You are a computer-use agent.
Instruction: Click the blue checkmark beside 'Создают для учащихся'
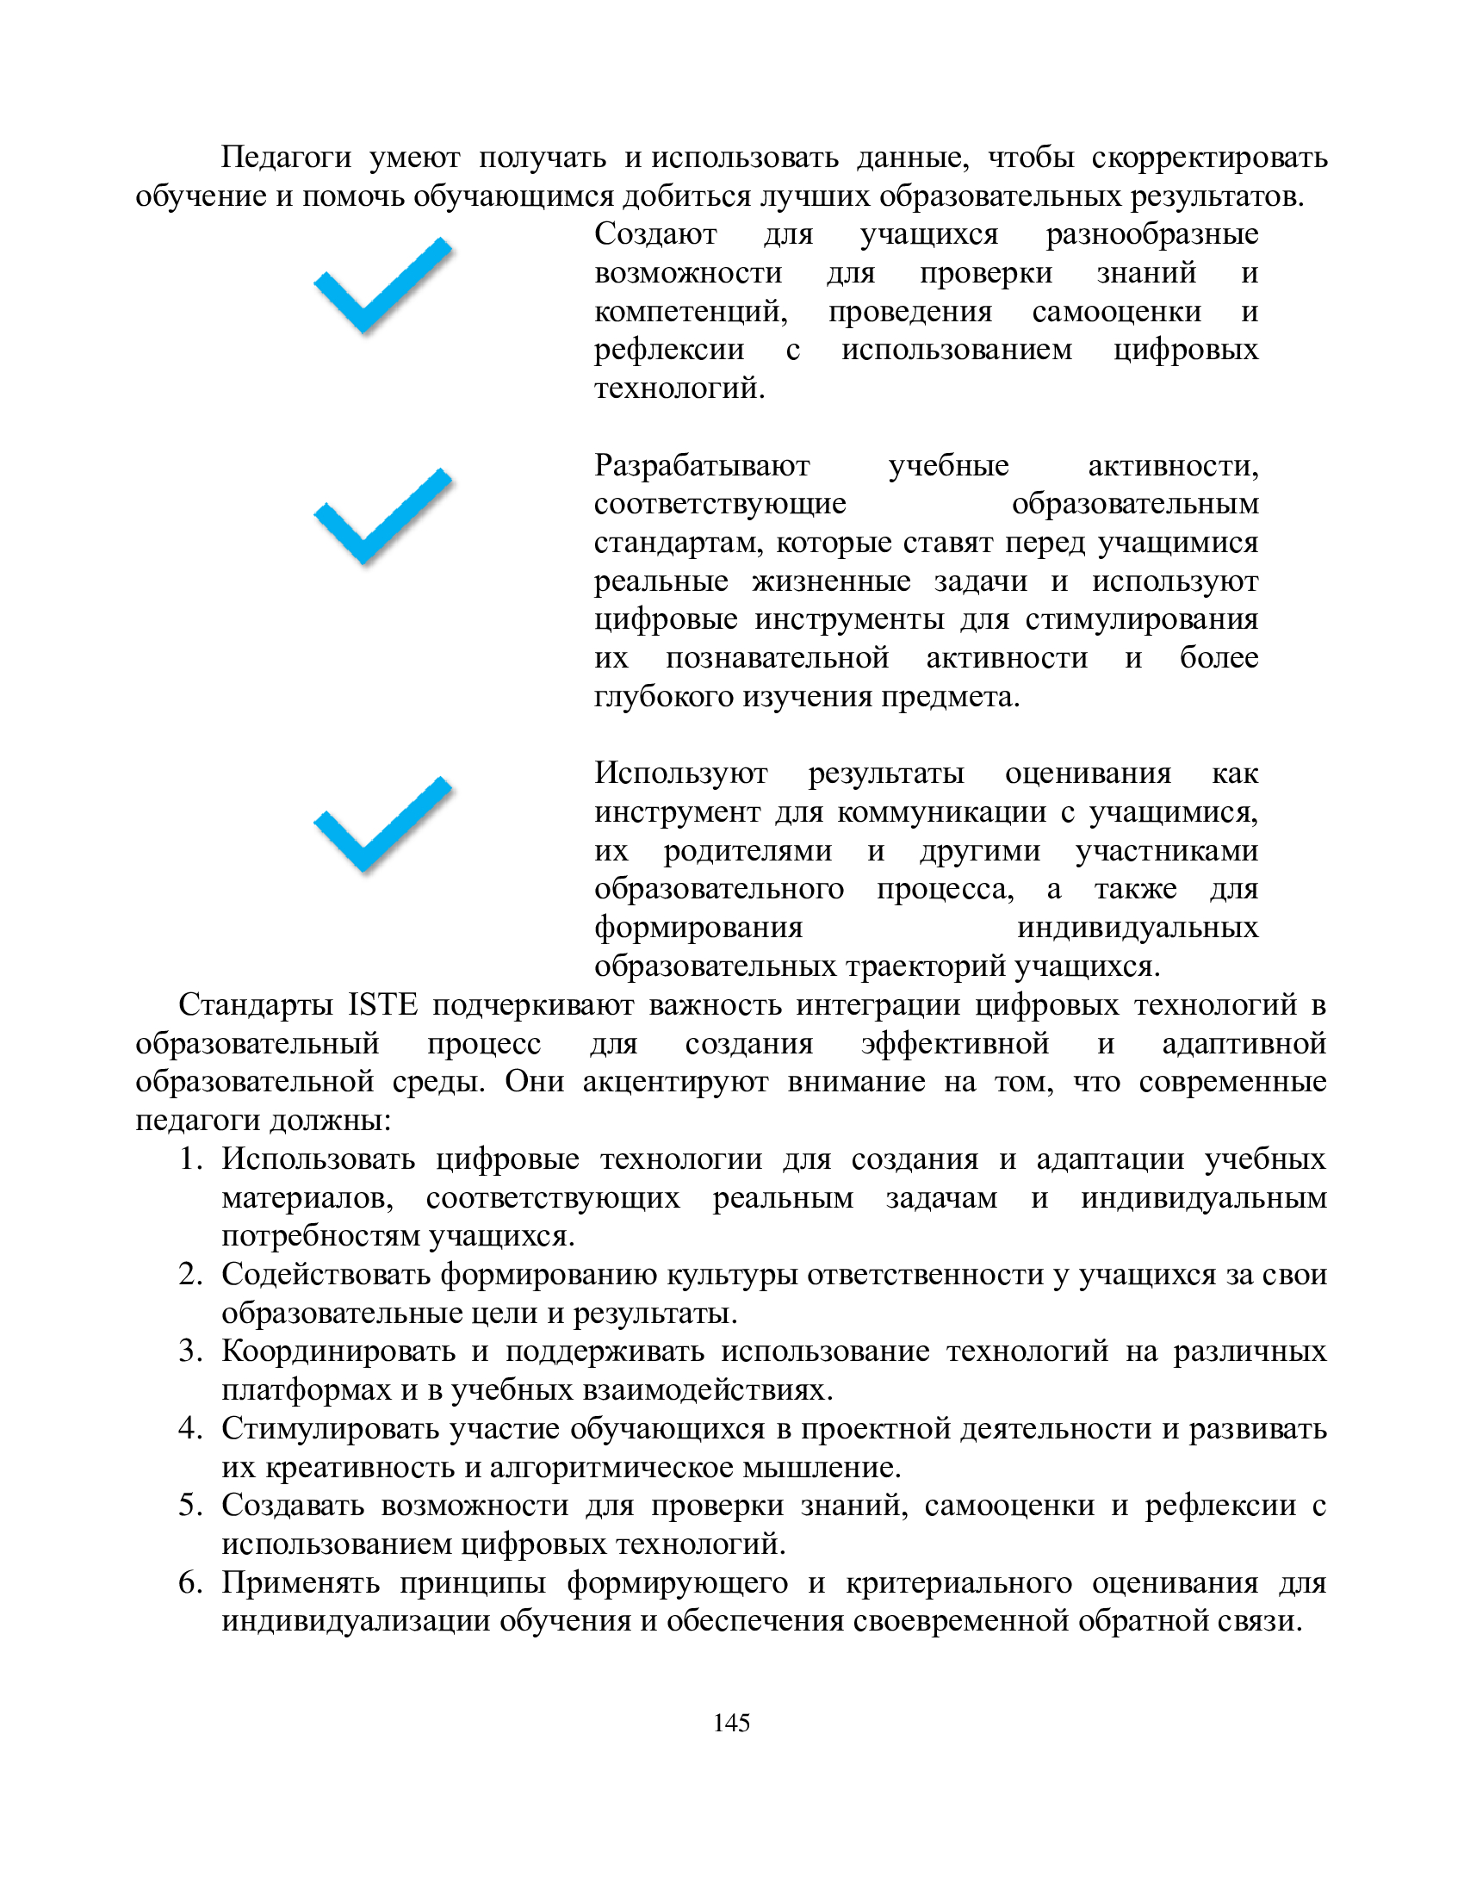382,286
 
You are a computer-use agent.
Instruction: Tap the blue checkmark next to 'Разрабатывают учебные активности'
382,518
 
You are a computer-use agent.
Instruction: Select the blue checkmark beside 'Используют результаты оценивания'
382,825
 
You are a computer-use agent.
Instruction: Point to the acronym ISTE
382,1004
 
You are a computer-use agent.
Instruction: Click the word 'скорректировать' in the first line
1209,158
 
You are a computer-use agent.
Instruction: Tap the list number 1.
190,1159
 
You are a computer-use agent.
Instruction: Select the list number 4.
190,1429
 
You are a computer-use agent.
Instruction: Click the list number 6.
190,1582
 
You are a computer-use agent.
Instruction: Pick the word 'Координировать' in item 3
338,1351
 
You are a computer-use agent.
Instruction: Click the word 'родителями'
748,851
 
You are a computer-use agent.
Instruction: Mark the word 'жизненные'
831,581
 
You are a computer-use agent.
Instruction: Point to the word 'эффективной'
955,1043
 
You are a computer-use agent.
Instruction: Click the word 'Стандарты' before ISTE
256,1004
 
